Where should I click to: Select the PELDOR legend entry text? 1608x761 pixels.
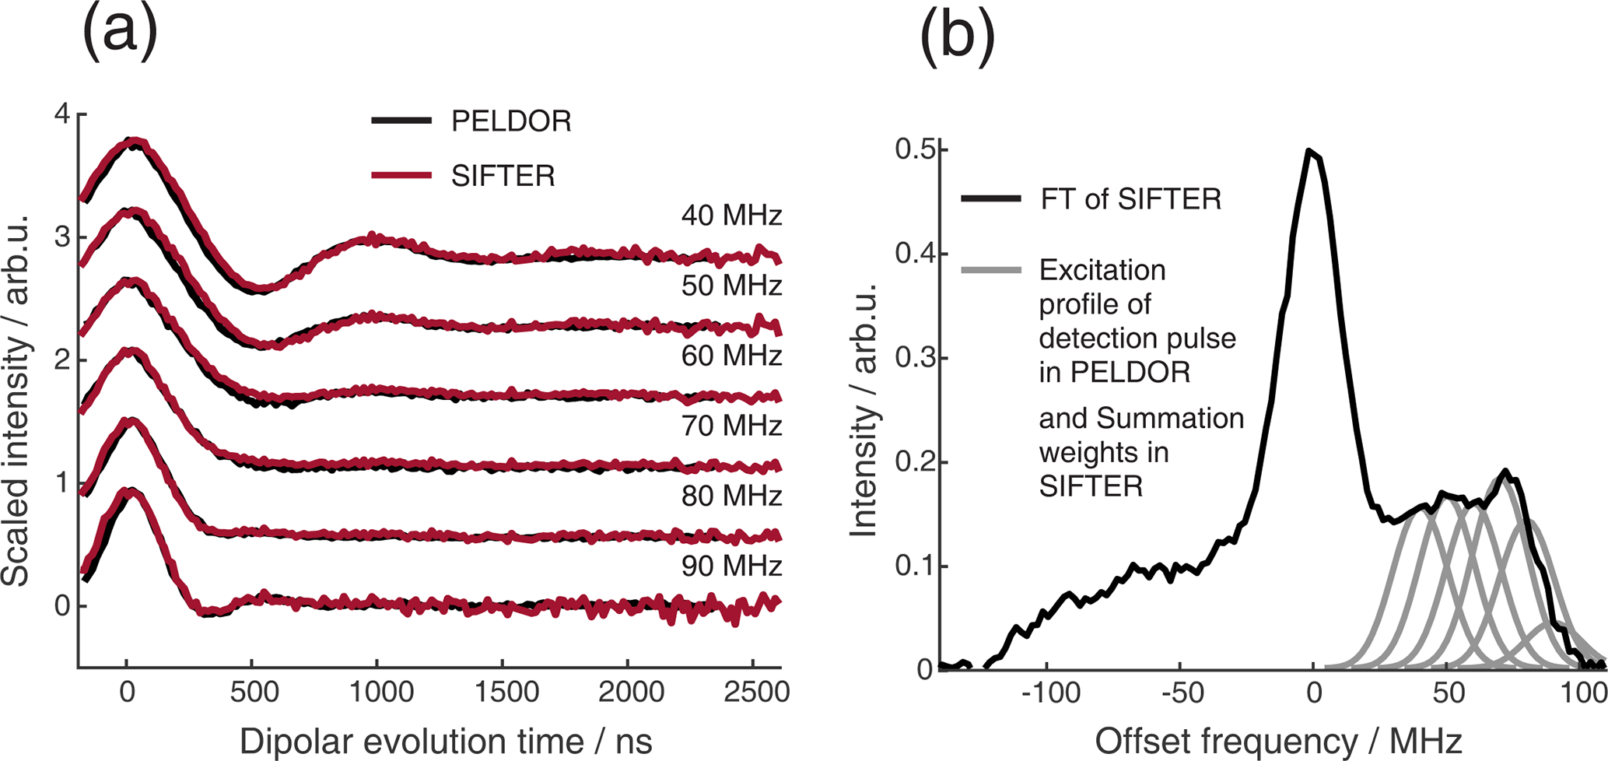click(x=511, y=121)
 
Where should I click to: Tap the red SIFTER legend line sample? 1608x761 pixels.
click(x=401, y=175)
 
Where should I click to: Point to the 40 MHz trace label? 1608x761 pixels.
click(x=731, y=216)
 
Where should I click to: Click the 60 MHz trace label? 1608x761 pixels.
click(x=731, y=356)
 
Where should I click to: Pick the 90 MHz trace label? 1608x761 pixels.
click(x=731, y=566)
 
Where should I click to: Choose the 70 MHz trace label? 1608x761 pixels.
click(x=731, y=426)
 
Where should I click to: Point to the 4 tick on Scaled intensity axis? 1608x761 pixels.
click(x=62, y=114)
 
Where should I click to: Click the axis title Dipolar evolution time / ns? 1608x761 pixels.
click(x=446, y=742)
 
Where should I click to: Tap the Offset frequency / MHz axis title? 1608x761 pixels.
click(x=1278, y=742)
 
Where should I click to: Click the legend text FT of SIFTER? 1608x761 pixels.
click(x=1130, y=199)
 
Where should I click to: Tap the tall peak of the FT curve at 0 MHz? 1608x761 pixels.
click(x=1312, y=151)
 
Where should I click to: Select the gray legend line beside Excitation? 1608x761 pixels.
click(x=991, y=270)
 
